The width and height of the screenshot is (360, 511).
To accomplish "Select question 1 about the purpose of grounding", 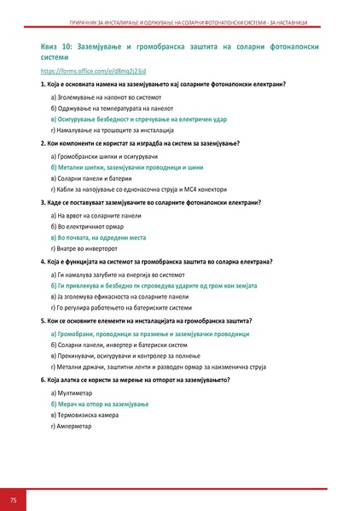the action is coord(162,85).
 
